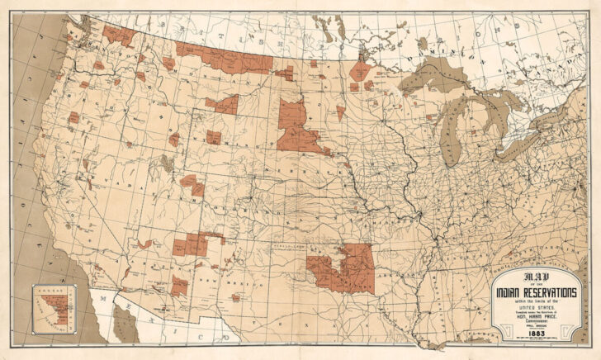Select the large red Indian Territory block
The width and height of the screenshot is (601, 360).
click(343, 268)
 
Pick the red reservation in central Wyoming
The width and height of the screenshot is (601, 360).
click(214, 137)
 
